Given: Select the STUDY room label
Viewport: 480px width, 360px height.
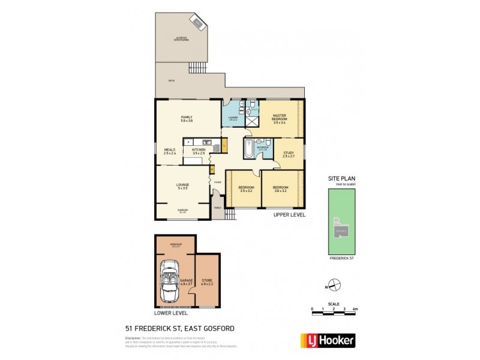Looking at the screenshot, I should (289, 154).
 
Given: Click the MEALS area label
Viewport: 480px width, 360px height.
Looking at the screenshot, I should (169, 151).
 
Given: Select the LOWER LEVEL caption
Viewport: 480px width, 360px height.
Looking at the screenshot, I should (171, 313).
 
